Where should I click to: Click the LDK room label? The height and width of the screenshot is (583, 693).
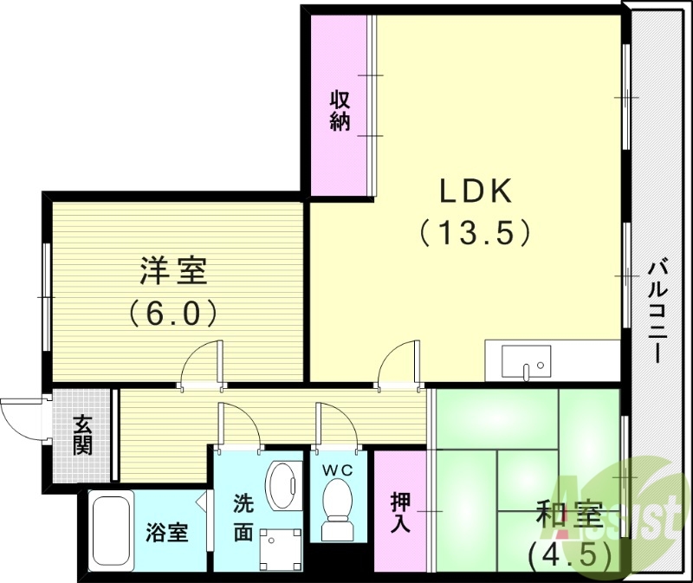pyautogui.click(x=475, y=190)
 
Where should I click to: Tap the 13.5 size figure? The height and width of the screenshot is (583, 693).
pyautogui.click(x=475, y=232)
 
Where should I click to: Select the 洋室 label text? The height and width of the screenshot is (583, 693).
pyautogui.click(x=173, y=271)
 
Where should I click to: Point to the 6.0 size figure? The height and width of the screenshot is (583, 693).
pyautogui.click(x=173, y=312)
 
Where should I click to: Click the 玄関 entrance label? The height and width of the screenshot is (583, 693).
pyautogui.click(x=83, y=436)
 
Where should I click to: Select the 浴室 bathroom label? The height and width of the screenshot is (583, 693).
pyautogui.click(x=166, y=532)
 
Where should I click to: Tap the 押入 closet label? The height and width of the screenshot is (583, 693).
pyautogui.click(x=400, y=511)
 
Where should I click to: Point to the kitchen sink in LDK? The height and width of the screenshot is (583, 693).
pyautogui.click(x=526, y=361)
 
